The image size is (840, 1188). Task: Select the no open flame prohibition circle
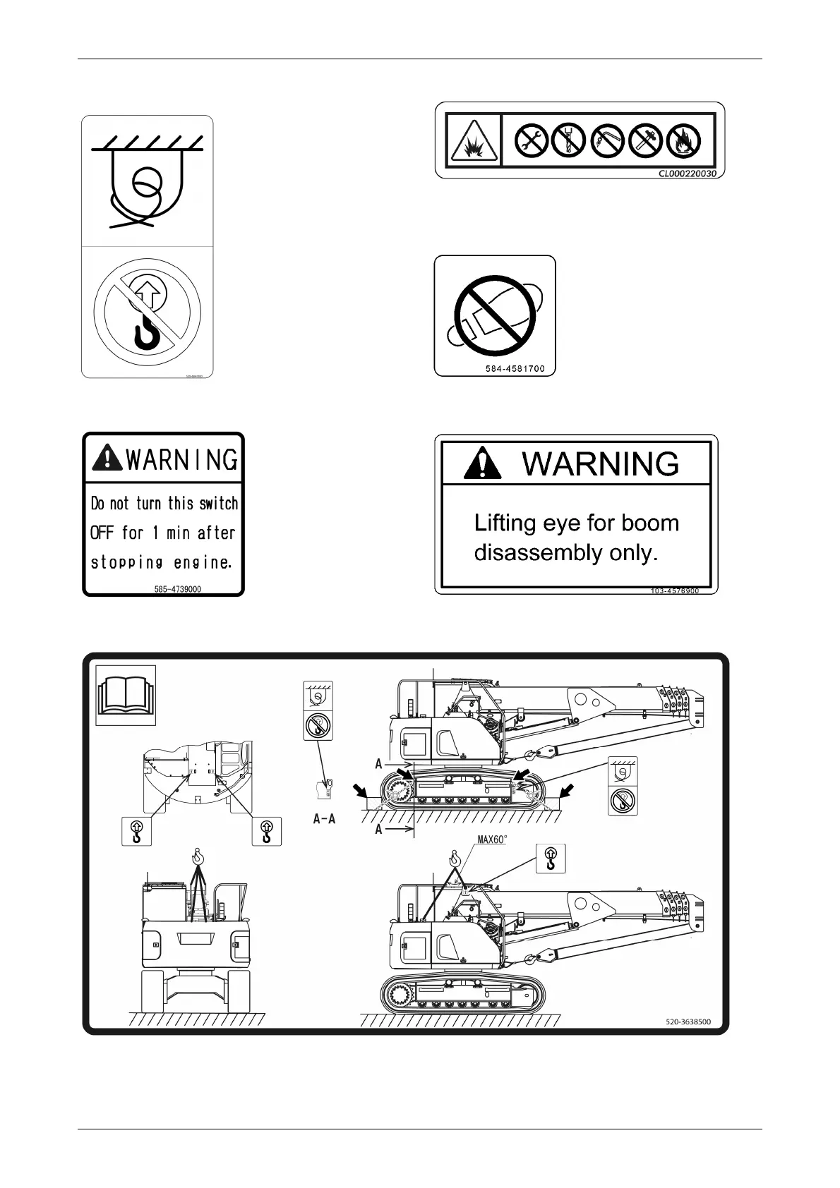[684, 140]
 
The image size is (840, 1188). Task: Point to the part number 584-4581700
[515, 368]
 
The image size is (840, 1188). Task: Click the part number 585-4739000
[177, 588]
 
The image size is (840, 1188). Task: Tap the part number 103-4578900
[675, 590]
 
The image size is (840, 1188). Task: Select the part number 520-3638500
[688, 1021]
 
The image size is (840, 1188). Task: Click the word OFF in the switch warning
[102, 533]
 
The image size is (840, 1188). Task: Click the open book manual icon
[126, 695]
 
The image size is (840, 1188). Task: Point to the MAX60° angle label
[493, 840]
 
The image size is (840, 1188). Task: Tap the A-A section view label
[324, 819]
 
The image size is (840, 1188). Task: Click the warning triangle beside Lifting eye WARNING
[483, 463]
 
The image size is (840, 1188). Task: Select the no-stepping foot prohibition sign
[494, 315]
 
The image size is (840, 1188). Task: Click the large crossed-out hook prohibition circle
[147, 311]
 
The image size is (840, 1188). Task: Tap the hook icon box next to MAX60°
[551, 858]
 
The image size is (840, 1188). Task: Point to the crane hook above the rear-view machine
[198, 858]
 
